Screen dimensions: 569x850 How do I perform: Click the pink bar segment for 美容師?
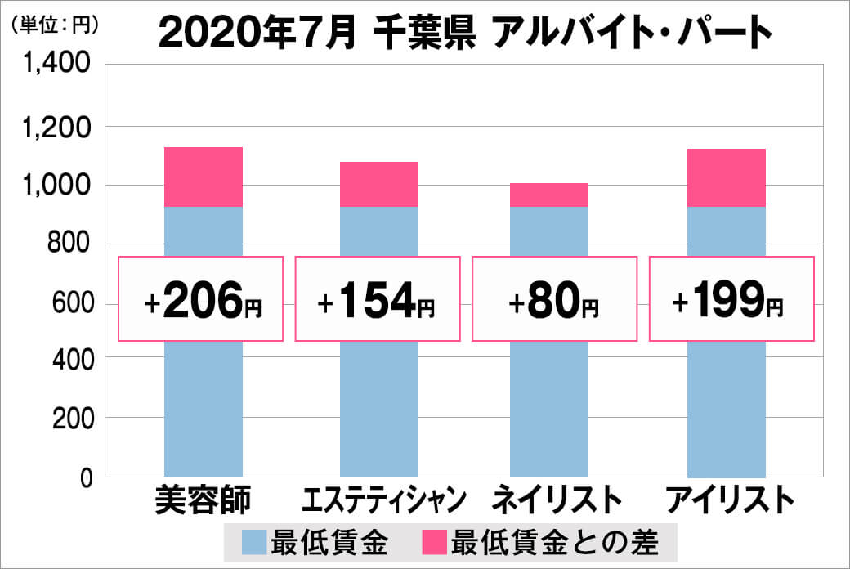(x=204, y=177)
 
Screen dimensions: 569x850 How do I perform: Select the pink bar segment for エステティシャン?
(x=379, y=184)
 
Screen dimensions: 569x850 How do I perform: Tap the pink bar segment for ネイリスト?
(x=549, y=195)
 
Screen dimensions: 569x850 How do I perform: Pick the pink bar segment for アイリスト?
(x=727, y=177)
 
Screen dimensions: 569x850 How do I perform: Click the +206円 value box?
(x=202, y=299)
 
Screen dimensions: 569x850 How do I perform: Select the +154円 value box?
(x=378, y=299)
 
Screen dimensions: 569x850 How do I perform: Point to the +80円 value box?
(x=554, y=299)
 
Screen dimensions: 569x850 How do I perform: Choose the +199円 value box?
(x=731, y=299)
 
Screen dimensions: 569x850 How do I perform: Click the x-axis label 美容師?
(x=203, y=500)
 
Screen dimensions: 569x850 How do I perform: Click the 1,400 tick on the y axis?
(x=56, y=66)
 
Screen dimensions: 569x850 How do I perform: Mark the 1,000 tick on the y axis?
(x=56, y=186)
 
